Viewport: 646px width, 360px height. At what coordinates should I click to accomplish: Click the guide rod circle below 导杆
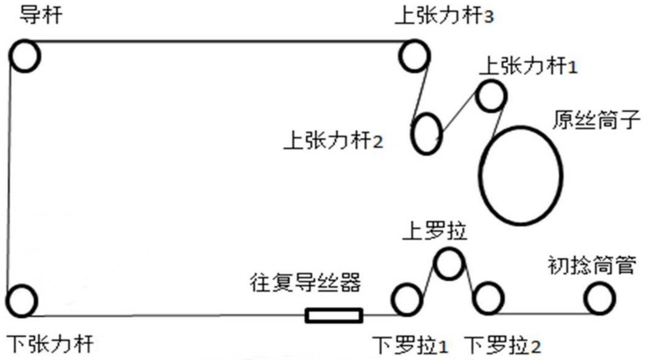click(x=25, y=56)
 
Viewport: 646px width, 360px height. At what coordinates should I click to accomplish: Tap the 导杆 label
click(x=41, y=16)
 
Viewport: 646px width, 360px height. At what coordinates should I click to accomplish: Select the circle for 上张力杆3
click(x=414, y=56)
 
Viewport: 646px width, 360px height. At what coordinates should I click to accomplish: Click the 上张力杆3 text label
click(x=444, y=17)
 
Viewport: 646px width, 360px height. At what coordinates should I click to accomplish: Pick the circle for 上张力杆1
click(x=491, y=96)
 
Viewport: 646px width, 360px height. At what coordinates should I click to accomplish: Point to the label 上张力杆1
click(x=528, y=67)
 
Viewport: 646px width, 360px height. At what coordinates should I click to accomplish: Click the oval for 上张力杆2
click(x=427, y=134)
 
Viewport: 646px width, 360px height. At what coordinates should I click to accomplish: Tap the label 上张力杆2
click(x=333, y=141)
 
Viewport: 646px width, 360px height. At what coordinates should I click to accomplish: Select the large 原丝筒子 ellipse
click(x=521, y=176)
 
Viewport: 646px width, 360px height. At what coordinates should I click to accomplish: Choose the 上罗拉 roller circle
click(x=449, y=264)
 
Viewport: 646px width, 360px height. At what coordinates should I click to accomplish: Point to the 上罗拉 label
click(x=435, y=231)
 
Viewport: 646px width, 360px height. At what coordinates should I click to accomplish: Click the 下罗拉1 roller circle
click(x=407, y=300)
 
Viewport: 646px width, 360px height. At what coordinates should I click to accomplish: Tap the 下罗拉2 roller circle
click(x=488, y=298)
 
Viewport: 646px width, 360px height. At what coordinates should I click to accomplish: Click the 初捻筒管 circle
click(x=599, y=298)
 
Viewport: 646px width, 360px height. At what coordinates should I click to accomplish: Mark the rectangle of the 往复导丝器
click(x=334, y=315)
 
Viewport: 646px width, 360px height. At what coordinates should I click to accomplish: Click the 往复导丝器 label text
click(x=305, y=283)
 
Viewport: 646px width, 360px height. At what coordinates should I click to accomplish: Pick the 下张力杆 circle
click(x=22, y=301)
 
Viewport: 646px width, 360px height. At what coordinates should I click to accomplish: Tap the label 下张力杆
click(x=50, y=344)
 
